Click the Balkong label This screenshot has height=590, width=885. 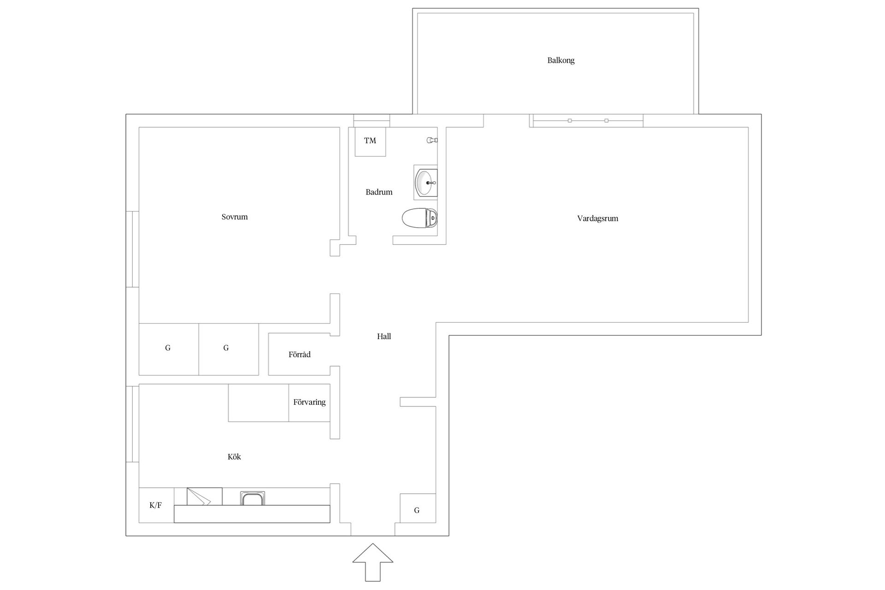(560, 60)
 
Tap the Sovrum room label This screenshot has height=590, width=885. (235, 217)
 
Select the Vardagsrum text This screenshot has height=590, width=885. (597, 218)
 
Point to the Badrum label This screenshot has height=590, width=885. (379, 192)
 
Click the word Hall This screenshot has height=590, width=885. (384, 336)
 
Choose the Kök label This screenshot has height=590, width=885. (234, 457)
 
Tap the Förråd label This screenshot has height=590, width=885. (300, 354)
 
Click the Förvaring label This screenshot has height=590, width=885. (309, 402)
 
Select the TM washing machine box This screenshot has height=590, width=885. (370, 142)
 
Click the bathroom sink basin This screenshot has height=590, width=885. (426, 183)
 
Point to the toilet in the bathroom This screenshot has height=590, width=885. (419, 218)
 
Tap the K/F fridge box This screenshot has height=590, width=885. (156, 505)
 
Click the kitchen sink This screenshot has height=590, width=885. (253, 498)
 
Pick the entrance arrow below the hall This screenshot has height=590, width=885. (373, 562)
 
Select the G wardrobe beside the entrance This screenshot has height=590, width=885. (418, 508)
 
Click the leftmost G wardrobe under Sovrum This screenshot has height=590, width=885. (169, 349)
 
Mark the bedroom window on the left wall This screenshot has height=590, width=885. (133, 249)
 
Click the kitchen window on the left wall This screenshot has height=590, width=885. (133, 424)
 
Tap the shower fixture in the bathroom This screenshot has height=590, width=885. (432, 140)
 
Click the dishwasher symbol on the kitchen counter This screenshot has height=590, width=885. (204, 496)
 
